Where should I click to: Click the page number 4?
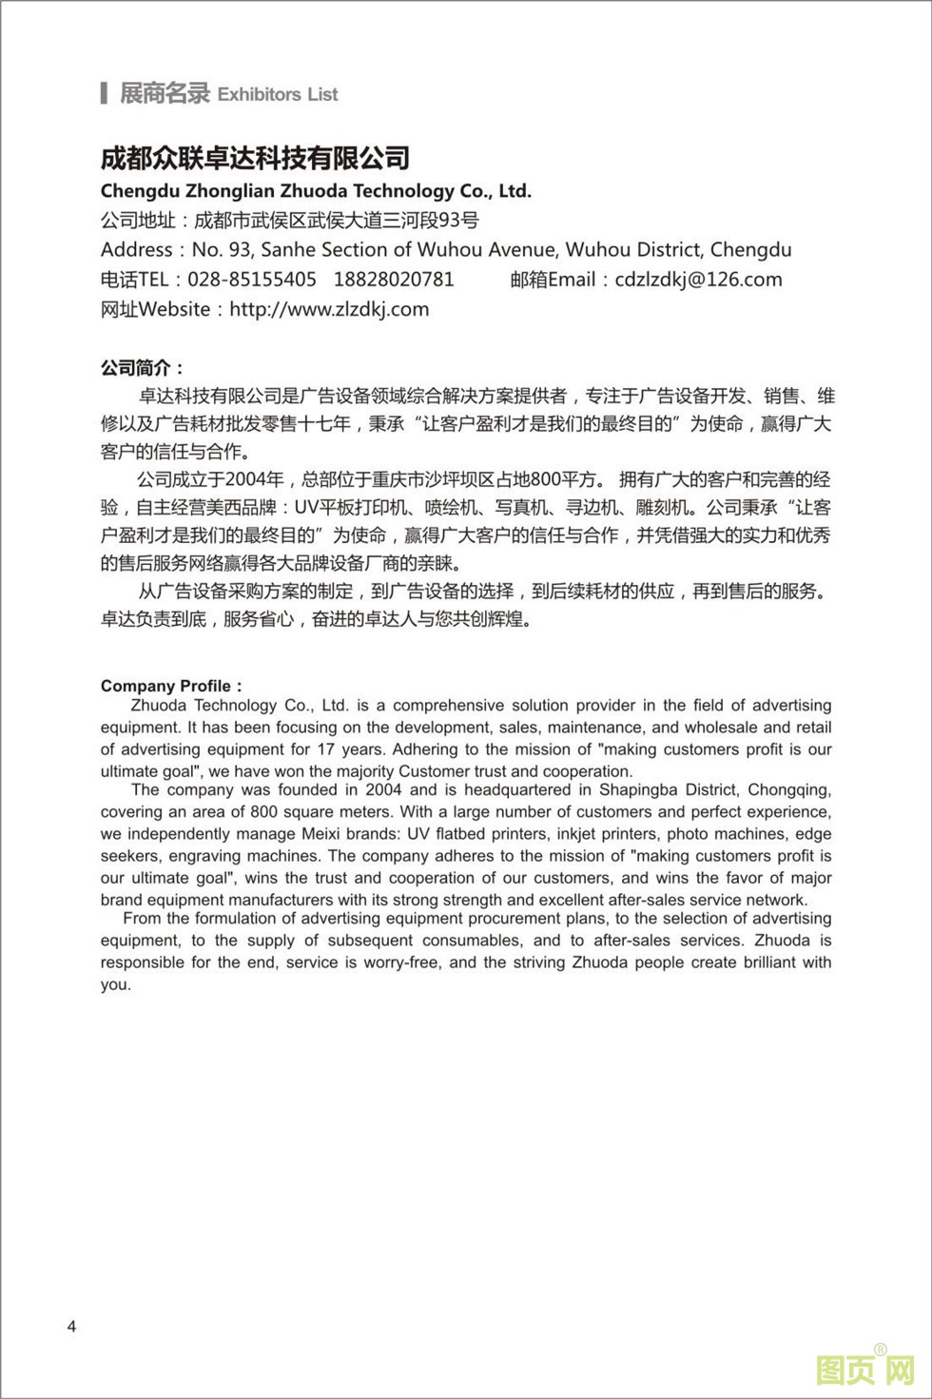coord(72,1327)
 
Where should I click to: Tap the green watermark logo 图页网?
coord(864,1370)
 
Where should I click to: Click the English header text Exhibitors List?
coord(278,94)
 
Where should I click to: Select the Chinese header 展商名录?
coord(165,93)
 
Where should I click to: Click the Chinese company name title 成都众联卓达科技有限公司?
coord(255,158)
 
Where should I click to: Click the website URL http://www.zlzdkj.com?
coord(329,309)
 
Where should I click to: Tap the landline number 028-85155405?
coord(252,280)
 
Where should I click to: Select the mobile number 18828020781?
coord(394,280)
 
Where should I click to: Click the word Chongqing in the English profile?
coord(788,790)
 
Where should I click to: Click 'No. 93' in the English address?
coord(222,250)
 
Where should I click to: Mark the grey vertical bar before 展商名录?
coord(104,93)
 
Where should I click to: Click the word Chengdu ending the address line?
coord(750,250)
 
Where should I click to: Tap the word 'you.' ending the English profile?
coord(116,984)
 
